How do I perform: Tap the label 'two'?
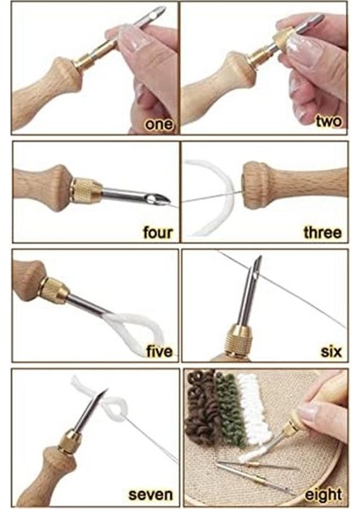tap(329, 120)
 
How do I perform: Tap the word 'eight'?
tap(323, 494)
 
